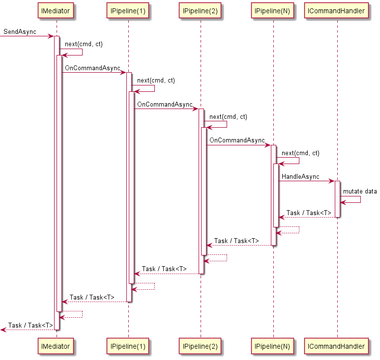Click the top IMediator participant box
click(x=57, y=11)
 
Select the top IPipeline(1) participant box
click(x=128, y=11)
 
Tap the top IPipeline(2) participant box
click(x=201, y=11)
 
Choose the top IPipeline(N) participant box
click(x=273, y=11)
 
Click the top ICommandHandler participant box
click(x=337, y=11)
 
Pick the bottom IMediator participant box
click(x=57, y=346)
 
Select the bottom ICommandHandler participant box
click(x=337, y=346)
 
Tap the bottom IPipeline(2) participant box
click(x=201, y=346)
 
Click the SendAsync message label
click(x=20, y=32)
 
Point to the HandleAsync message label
click(x=300, y=177)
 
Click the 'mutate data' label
click(x=360, y=191)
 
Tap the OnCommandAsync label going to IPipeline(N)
click(x=237, y=140)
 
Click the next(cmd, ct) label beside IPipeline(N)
click(x=300, y=153)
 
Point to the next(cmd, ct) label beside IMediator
click(x=84, y=44)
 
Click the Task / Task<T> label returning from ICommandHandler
click(x=309, y=213)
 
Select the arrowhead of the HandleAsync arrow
click(x=332, y=181)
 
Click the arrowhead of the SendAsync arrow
click(x=51, y=36)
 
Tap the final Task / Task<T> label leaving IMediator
click(x=30, y=325)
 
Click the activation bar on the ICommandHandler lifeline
click(x=337, y=199)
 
